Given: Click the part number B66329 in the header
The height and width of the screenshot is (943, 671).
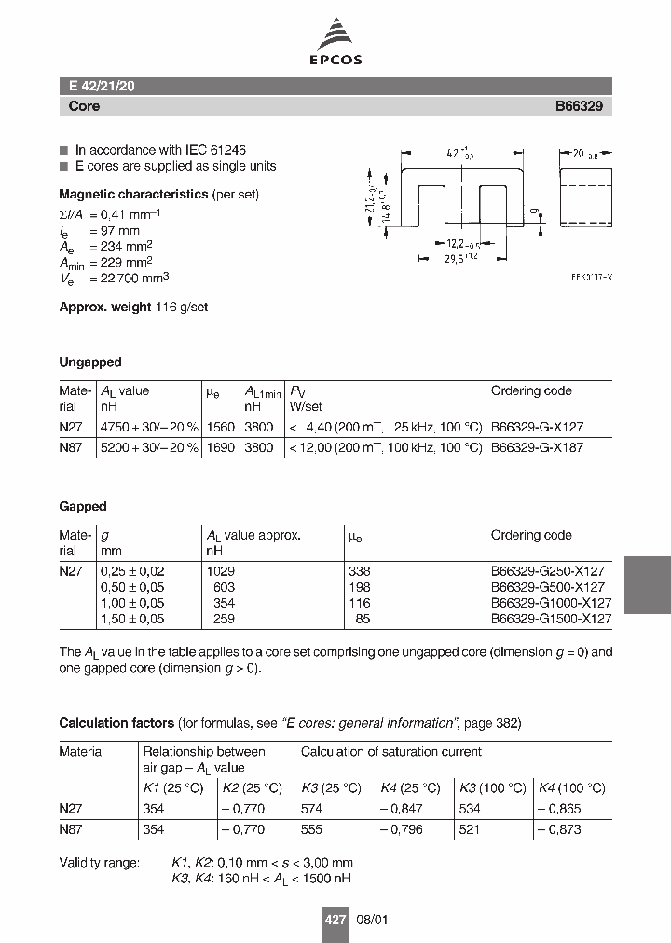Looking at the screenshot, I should tap(579, 106).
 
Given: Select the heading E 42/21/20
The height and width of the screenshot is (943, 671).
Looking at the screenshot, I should tap(103, 86).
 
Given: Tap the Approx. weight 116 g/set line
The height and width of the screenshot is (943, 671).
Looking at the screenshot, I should tap(133, 307).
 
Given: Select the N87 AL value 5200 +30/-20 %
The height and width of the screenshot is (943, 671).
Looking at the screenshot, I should tap(149, 447).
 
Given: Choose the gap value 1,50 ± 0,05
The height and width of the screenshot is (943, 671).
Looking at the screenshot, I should tap(132, 618).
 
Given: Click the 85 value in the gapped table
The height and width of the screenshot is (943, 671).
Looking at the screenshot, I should tap(363, 618).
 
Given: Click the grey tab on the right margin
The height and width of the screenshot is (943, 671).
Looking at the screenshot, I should tap(647, 585).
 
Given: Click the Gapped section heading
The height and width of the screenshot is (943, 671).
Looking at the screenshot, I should tap(83, 506).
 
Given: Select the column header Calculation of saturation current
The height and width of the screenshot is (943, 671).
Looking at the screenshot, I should tap(391, 751).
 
